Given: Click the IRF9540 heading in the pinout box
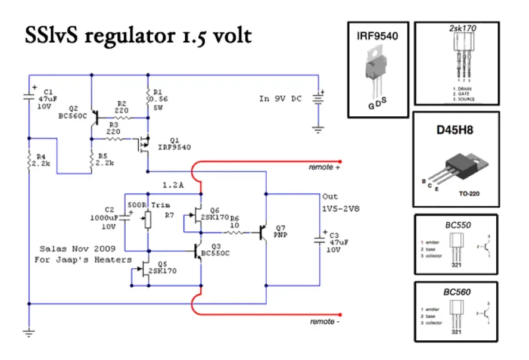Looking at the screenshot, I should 378,36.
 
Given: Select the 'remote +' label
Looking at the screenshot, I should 325,167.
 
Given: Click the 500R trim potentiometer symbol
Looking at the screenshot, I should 147,221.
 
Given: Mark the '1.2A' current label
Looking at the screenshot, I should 173,185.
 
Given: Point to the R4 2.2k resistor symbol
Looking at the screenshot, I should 28,160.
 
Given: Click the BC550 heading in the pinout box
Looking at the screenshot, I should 456,225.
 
